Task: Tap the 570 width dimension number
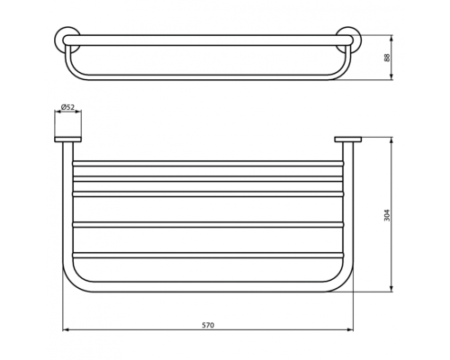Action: (x=208, y=324)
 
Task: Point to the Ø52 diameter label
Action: (x=67, y=107)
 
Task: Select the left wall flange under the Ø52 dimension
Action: (x=68, y=139)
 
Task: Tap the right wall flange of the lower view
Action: (x=347, y=139)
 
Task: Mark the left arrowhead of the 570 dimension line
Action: (x=65, y=331)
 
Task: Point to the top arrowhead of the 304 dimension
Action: (x=393, y=139)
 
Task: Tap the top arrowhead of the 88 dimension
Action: (x=393, y=38)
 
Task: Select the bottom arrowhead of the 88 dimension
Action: (x=393, y=78)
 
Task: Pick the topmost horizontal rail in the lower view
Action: (x=207, y=164)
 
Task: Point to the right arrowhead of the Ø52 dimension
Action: (x=80, y=114)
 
